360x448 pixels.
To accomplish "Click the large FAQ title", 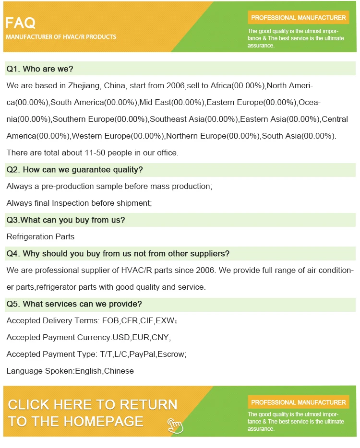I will pos(21,23).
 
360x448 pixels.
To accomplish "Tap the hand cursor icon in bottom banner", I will pos(175,424).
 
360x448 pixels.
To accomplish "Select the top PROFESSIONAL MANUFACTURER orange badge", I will pos(298,18).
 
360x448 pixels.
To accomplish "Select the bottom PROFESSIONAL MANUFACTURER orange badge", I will pos(298,402).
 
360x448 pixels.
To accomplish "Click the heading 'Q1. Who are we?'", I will pos(39,69).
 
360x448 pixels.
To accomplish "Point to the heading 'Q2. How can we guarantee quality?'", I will pos(74,170).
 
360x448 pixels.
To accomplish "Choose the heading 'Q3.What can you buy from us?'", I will pos(65,220).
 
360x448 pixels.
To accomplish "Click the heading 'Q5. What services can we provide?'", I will pos(74,304).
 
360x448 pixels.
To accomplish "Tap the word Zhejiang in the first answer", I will pos(83,86).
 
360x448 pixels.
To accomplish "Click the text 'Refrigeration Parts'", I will pos(40,237).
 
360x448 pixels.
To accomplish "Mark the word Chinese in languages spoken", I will pos(119,371).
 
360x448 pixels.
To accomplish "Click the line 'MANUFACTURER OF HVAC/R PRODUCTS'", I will pos(61,37).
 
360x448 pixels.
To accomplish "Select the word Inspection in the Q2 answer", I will pos(71,203).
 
